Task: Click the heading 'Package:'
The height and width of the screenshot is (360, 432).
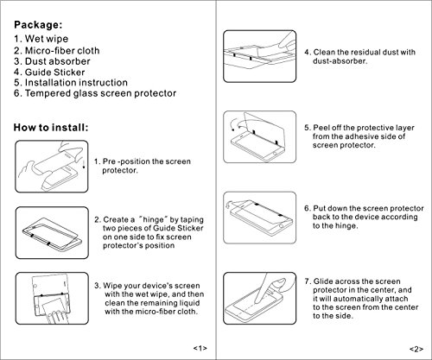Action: point(38,25)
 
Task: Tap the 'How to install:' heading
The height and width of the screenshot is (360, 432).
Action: point(51,128)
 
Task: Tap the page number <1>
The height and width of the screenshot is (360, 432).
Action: point(200,348)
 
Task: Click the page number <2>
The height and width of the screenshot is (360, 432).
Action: point(416,349)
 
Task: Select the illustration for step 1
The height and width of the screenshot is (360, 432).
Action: point(52,167)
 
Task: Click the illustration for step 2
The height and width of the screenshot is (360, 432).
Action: point(52,232)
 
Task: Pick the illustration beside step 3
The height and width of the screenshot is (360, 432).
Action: point(52,298)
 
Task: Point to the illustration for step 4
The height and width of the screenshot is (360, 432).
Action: point(260,56)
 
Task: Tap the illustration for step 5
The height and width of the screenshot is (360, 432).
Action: point(260,136)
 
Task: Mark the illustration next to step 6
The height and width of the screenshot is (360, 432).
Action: point(260,218)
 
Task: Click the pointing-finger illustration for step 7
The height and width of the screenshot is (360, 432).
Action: point(260,298)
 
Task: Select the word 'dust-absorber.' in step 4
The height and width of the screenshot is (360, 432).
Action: point(340,61)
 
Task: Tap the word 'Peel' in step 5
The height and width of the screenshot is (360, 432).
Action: point(321,128)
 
